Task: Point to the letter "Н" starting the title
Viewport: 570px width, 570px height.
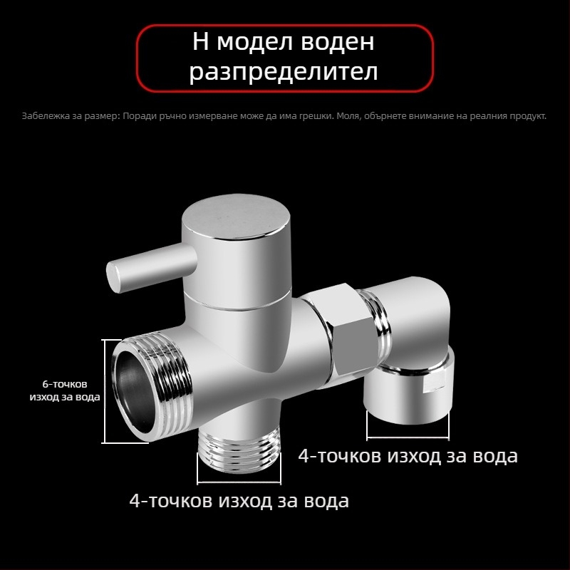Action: [x=201, y=42]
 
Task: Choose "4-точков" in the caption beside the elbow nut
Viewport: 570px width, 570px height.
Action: [x=340, y=456]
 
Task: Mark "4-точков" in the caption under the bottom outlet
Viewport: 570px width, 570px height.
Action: [x=170, y=501]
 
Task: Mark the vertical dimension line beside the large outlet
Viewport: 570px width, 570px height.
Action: [x=105, y=390]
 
